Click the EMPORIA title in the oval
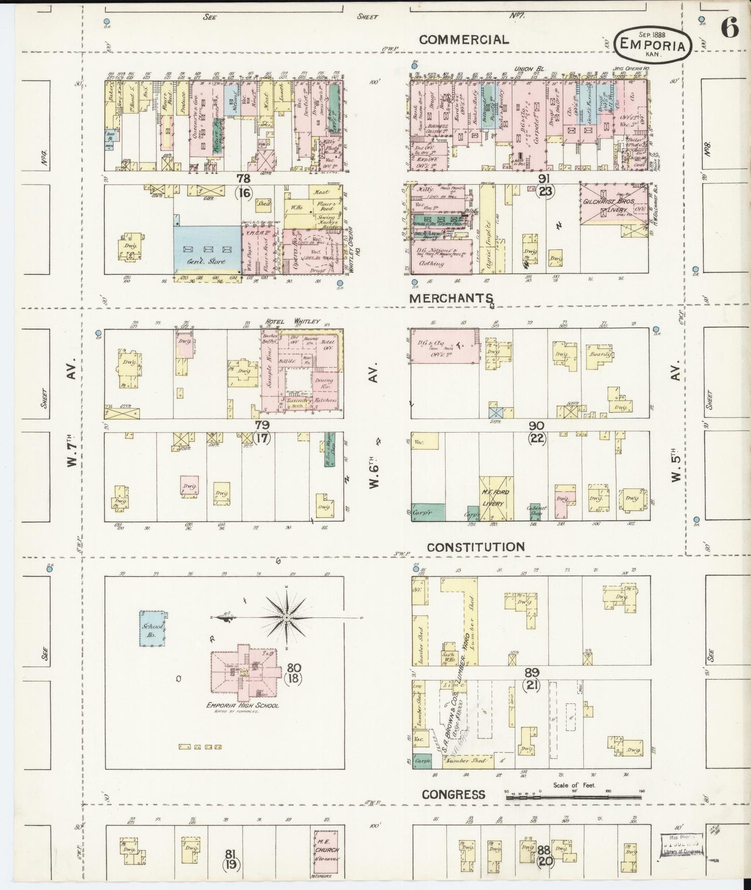point(653,46)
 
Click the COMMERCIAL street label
point(464,39)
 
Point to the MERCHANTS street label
point(450,298)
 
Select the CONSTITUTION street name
point(476,547)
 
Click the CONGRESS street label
point(453,794)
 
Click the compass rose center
point(286,617)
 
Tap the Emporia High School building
point(243,673)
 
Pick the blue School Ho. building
point(152,628)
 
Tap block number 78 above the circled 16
point(243,179)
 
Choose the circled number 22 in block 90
point(537,438)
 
